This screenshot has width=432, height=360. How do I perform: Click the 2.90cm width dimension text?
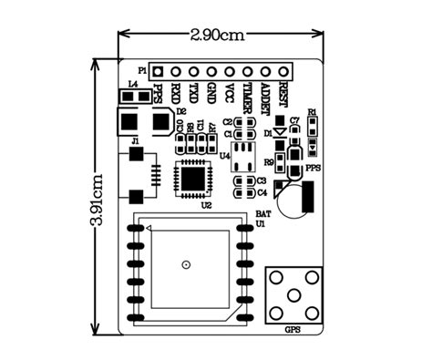218,36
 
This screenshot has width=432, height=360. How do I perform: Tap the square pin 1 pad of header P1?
157,70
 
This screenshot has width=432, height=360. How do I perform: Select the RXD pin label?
175,92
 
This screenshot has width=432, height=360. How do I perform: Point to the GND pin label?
211,92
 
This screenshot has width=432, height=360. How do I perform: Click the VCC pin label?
229,92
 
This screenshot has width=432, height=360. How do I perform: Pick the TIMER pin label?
247,95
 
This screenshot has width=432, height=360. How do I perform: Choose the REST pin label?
283,92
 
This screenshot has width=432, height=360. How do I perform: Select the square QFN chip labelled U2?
192,175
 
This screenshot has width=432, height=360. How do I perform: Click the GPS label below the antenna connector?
293,330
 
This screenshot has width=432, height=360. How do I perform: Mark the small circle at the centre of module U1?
186,264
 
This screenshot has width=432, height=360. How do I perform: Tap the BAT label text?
262,212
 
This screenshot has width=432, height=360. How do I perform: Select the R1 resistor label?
312,111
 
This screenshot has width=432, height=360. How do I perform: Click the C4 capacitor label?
262,192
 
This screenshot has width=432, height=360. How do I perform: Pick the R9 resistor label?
269,162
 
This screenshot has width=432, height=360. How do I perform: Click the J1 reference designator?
135,141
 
